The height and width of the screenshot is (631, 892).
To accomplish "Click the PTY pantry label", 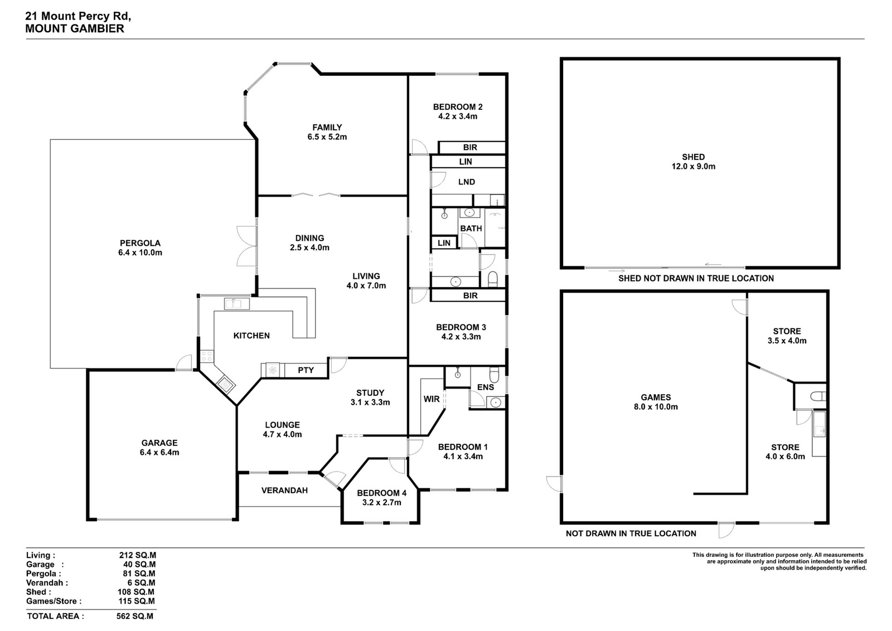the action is point(306,370).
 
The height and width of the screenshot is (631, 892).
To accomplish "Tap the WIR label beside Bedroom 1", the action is point(432,399).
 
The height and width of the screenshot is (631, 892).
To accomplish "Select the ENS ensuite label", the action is point(486,387).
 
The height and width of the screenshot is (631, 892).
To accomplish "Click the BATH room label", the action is point(471,229).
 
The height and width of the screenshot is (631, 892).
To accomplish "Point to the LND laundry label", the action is point(467,182).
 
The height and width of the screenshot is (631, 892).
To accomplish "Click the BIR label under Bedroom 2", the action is point(471,147).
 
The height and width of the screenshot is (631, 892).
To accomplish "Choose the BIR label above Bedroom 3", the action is point(471,295).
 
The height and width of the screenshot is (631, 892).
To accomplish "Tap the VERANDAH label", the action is point(284,491).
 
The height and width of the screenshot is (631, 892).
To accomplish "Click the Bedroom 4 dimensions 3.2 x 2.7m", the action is point(381,502).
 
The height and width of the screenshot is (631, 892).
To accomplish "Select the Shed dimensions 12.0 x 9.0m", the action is point(694,167).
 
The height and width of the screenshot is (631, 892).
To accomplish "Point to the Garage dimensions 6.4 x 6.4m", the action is point(159,452).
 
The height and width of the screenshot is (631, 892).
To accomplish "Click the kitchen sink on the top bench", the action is point(237,304).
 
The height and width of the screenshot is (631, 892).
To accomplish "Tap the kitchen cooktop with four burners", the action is point(207,356).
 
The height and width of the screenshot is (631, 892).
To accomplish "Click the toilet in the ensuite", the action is point(494,375).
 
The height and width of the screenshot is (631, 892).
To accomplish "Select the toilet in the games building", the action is point(819,396).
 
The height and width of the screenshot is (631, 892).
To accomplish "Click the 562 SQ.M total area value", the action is point(134,617).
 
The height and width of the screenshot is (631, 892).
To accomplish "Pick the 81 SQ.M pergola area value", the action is point(139,574).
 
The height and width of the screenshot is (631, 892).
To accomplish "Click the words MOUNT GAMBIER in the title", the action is point(75,28).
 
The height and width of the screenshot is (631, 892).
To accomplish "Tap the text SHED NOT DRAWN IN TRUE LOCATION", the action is point(696,278).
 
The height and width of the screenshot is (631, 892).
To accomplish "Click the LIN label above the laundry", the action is point(466,162).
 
